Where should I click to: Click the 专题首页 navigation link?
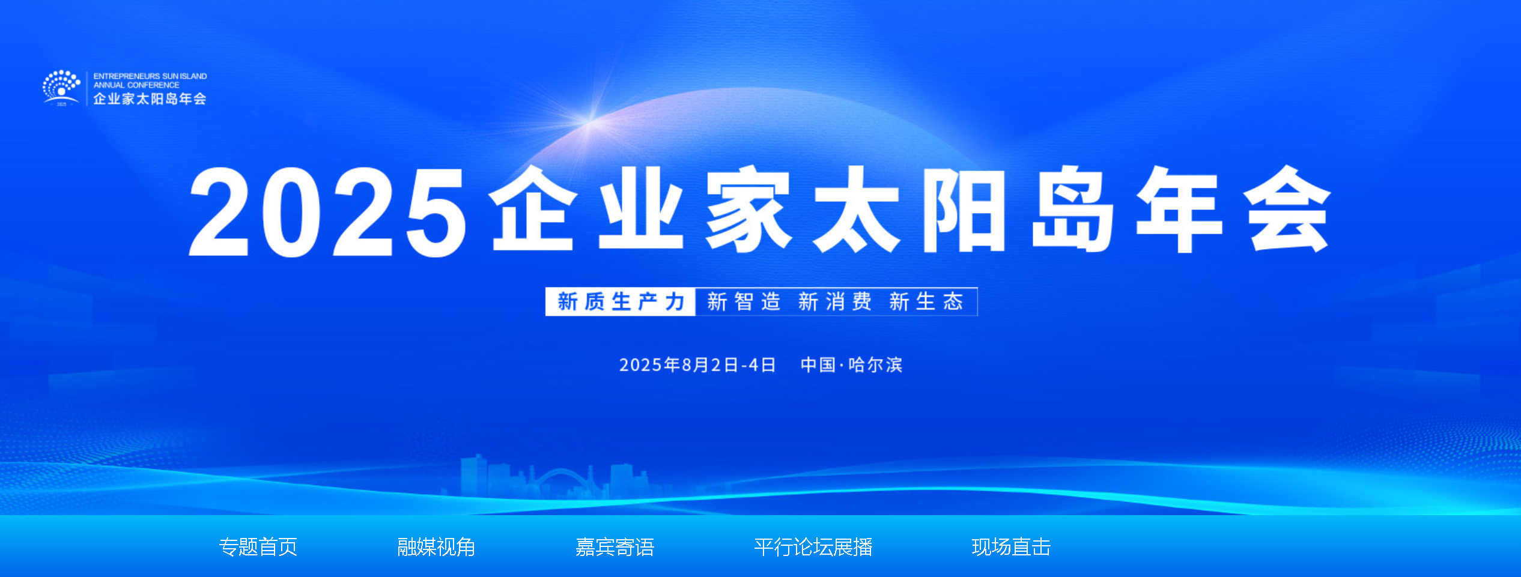258,547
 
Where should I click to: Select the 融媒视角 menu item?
437,547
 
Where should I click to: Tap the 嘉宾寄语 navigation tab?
615,547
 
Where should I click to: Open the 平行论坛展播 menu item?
813,547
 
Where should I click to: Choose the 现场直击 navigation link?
1012,547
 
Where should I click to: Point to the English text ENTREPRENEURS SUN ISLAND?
150,76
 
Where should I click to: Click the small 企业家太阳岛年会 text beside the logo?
150,99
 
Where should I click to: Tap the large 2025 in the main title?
327,212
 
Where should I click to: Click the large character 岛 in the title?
1073,210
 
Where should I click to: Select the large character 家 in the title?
748,210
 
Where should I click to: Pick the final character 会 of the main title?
1287,210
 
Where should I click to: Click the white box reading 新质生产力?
621,301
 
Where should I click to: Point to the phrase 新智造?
744,301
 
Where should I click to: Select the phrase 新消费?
835,301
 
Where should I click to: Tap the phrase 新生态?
926,301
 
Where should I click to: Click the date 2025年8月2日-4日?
697,364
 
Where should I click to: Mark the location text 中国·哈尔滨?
852,364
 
